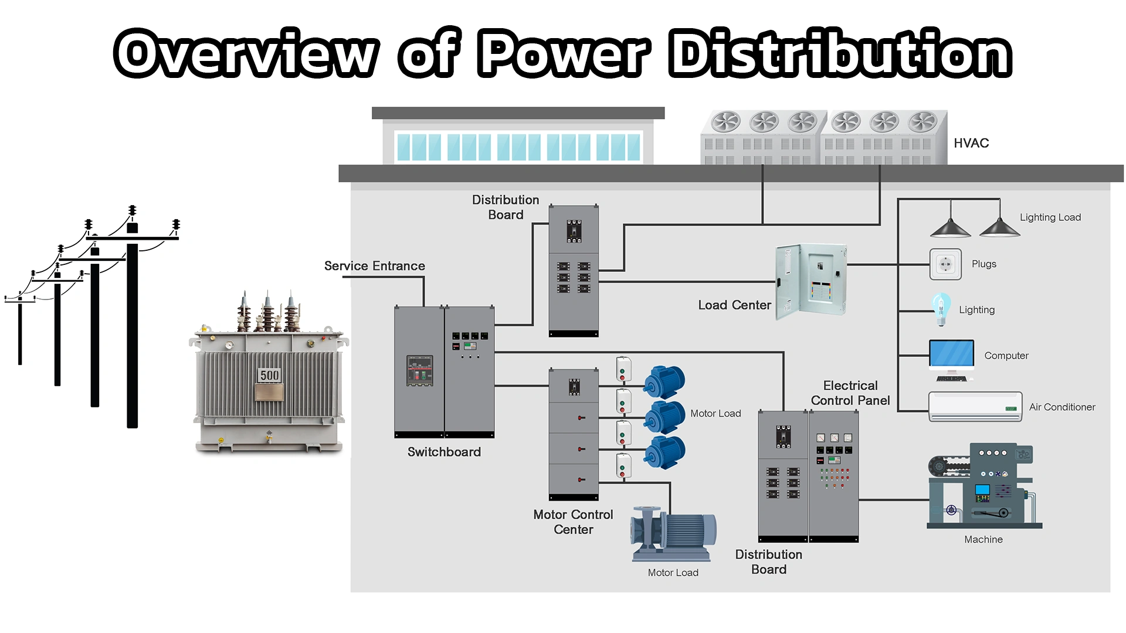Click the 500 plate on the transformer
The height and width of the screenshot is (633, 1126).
click(270, 376)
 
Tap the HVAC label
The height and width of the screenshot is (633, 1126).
click(971, 143)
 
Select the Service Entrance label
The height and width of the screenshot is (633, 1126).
click(374, 266)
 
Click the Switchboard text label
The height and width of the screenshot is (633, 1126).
click(444, 452)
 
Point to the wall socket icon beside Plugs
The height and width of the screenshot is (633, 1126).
click(945, 264)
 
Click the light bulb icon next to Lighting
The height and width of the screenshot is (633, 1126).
click(941, 309)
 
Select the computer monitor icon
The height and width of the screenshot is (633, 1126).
click(951, 356)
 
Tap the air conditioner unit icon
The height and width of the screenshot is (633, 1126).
click(975, 407)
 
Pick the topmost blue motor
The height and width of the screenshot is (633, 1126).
click(665, 381)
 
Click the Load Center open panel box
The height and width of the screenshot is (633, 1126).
click(810, 281)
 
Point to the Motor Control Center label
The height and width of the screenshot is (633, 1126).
click(573, 522)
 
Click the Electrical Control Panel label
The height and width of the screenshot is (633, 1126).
click(850, 393)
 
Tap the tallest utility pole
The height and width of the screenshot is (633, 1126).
click(133, 328)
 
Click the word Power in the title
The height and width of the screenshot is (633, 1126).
click(564, 54)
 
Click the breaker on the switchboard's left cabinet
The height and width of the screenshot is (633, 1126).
click(420, 370)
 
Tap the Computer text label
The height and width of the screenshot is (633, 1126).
click(1006, 356)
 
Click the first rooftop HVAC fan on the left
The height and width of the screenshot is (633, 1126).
click(726, 122)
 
